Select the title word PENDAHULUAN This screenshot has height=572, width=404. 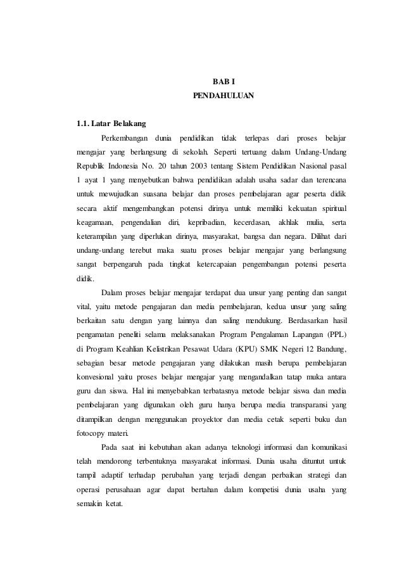coord(223,97)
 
